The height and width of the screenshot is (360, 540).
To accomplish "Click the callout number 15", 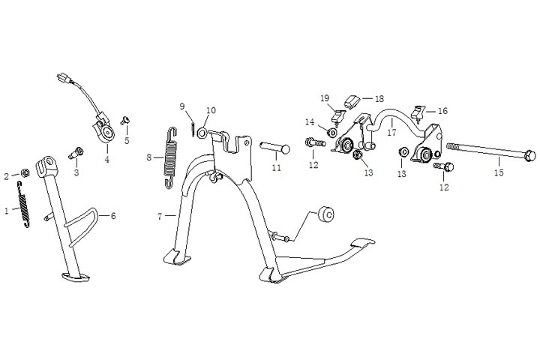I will click(499, 172).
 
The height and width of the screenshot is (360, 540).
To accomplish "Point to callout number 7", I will click(159, 216).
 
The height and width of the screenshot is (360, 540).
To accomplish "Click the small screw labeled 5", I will click(125, 120).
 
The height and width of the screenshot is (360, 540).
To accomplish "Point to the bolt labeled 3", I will click(76, 155).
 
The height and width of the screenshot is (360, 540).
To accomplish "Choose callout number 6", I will click(113, 216).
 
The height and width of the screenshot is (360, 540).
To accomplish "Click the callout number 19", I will click(325, 98).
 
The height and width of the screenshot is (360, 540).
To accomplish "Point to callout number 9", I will click(181, 106).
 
